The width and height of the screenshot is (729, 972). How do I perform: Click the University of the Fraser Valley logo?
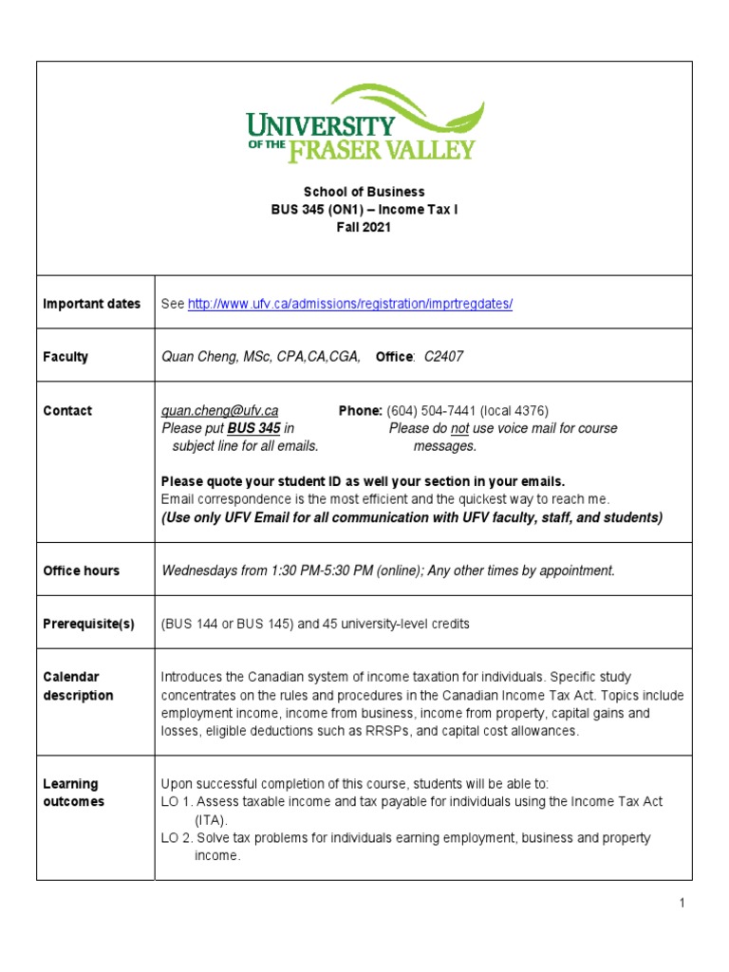[x=364, y=123]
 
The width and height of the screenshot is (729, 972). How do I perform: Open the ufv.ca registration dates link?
[x=350, y=304]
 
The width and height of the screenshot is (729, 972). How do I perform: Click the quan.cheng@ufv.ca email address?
[x=219, y=410]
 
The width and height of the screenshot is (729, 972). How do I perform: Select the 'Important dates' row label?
[x=92, y=304]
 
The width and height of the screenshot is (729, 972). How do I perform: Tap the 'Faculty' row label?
[x=65, y=357]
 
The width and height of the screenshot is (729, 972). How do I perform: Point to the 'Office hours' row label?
[x=82, y=570]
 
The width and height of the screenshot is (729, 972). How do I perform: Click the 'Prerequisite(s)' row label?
[x=89, y=624]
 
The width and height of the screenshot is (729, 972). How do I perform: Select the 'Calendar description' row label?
[x=78, y=686]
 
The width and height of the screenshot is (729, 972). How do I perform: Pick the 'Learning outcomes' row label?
[x=74, y=793]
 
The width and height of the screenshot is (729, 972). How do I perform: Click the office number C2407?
[x=444, y=357]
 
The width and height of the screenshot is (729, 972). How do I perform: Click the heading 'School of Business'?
[x=364, y=192]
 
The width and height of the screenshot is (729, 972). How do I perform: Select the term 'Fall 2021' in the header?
[x=364, y=228]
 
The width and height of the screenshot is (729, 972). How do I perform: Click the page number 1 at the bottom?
[x=682, y=903]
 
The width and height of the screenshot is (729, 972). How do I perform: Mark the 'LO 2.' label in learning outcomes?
[x=177, y=838]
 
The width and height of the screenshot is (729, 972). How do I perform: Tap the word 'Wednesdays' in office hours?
[x=198, y=570]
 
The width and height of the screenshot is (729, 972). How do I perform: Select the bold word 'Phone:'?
[x=361, y=410]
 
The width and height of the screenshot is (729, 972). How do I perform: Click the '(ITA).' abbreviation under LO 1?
[x=211, y=819]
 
